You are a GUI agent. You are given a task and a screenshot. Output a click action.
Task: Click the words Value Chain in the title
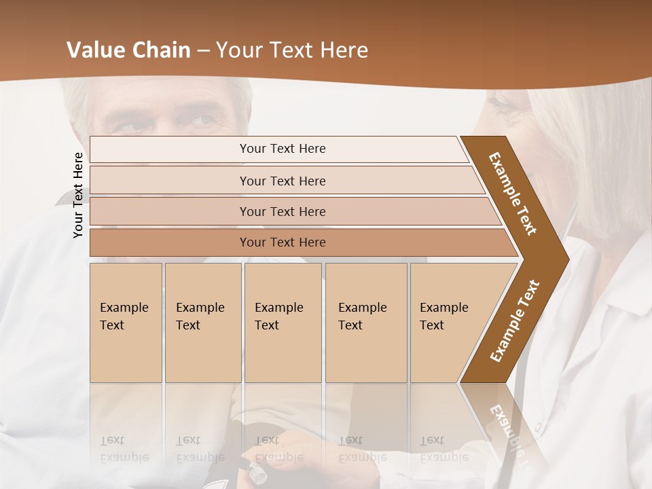click(x=128, y=50)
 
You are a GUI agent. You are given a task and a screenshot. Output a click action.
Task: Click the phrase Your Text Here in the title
click(x=292, y=50)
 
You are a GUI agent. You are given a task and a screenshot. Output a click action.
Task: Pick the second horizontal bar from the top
click(x=283, y=181)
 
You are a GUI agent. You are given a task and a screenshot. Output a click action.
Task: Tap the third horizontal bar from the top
click(x=283, y=211)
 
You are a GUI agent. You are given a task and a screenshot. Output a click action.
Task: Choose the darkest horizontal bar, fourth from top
click(x=283, y=242)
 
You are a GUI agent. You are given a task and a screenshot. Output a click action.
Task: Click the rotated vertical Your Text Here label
click(x=78, y=195)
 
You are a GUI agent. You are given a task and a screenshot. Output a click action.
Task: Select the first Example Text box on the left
click(x=126, y=323)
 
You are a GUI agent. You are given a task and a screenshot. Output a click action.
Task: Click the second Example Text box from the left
click(x=202, y=323)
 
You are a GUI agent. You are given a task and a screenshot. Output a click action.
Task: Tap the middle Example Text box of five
click(x=282, y=323)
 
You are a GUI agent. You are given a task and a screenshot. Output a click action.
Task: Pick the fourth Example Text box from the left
click(x=365, y=323)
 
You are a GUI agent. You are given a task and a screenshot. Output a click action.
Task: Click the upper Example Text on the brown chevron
click(x=513, y=194)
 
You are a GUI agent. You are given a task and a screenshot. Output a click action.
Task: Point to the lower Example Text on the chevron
click(x=515, y=321)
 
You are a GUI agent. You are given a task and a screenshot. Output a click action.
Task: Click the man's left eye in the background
click(x=201, y=122)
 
